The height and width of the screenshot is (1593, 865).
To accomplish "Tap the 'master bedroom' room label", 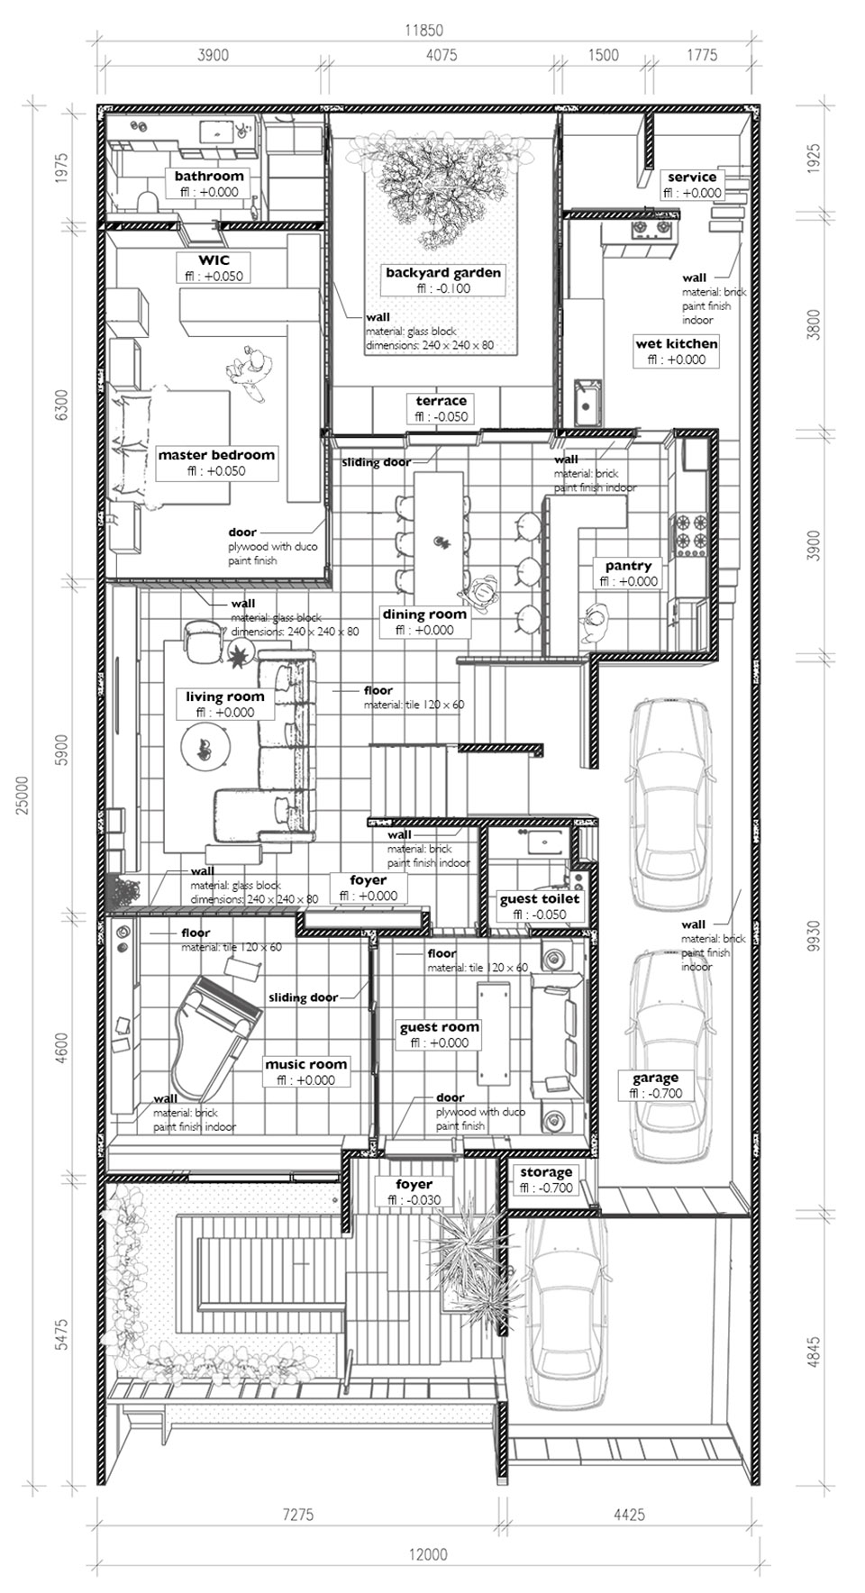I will pos(216,455).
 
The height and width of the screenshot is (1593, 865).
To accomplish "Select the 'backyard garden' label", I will pos(442,272).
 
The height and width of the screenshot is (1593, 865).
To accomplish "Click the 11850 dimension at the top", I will pos(423,30).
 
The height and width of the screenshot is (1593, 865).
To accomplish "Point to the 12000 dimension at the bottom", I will pos(427,1553).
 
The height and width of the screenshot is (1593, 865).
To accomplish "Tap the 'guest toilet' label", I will pos(540,898).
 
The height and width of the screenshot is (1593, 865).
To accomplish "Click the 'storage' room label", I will pos(545,1171).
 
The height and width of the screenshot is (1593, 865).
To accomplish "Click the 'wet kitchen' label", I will pos(677,343).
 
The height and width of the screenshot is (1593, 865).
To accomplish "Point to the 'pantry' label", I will pos(628,566).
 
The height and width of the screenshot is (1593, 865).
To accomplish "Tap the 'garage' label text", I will pos(655,1078).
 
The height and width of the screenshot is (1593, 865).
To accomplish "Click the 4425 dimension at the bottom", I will pos(629,1515).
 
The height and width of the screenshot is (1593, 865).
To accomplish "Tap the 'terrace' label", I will pos(442,401).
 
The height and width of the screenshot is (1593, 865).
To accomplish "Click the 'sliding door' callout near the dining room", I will pos(376,462).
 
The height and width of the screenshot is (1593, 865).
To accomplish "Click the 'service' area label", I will pos(692,177).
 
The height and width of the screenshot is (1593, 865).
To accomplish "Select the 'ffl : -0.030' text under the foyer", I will pos(414,1199).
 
